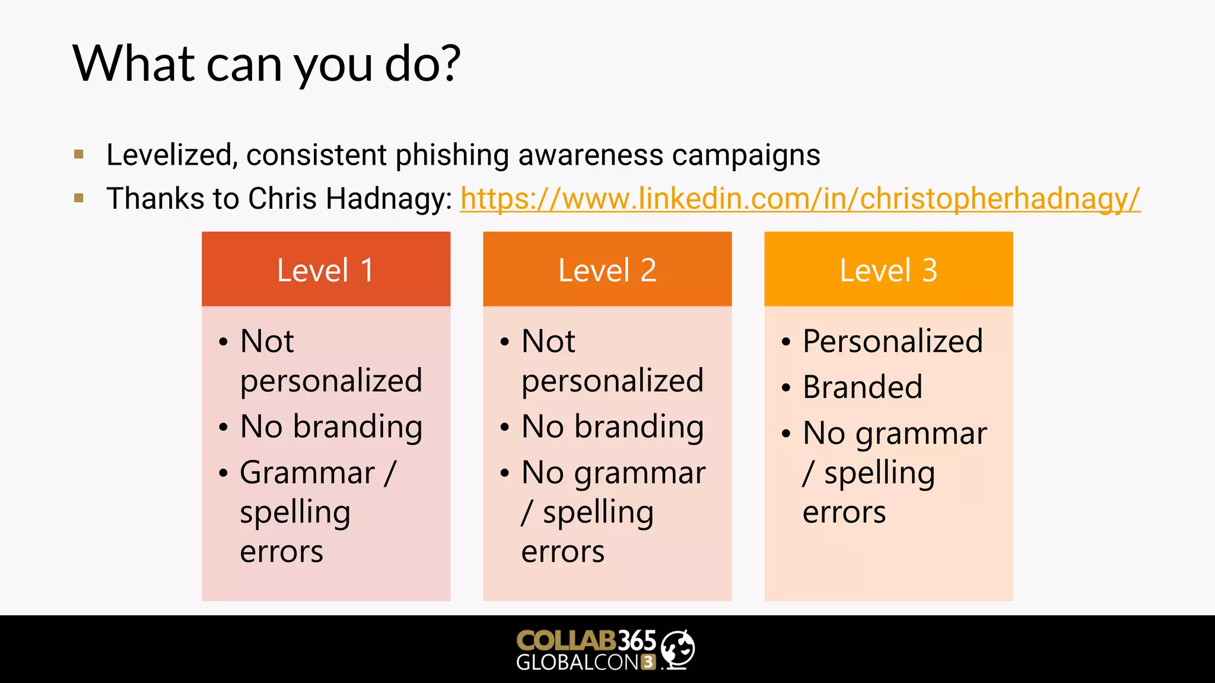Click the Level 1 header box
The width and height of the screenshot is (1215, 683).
pos(326,269)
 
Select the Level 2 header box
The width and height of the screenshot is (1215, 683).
pos(607,269)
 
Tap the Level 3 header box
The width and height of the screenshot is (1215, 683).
pos(888,269)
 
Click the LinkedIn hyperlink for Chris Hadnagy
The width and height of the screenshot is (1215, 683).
pos(800,199)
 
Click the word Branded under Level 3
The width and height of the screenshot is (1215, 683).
pos(862,387)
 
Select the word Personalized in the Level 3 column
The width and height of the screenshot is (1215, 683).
pos(892,341)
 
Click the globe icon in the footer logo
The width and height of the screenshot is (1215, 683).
pos(678,649)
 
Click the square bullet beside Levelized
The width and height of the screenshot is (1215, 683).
pos(79,155)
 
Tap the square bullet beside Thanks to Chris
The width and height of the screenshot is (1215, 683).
pos(79,198)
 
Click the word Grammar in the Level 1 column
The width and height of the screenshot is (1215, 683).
pos(307,473)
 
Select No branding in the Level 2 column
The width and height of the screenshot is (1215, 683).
pos(612,427)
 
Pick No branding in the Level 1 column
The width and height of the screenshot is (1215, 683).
pos(331,427)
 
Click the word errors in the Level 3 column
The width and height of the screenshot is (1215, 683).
pos(844,512)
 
